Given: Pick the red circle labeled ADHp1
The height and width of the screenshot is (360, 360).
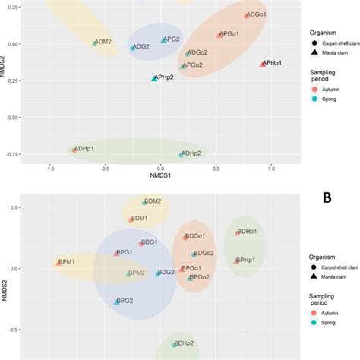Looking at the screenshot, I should coord(74,150).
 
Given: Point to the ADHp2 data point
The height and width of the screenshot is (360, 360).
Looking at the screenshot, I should coord(182,155).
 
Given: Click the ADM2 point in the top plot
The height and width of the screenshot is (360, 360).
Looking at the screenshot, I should coord(95,43).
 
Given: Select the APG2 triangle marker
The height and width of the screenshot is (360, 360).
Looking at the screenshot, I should coord(163,39).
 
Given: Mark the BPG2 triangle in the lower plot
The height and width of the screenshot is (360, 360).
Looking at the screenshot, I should coord(117,302).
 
